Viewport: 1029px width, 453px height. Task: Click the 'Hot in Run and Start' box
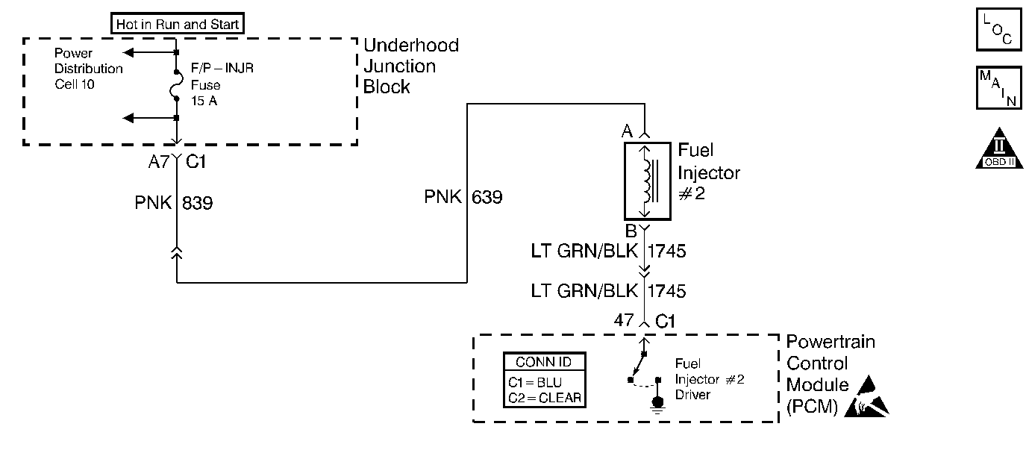coord(178,23)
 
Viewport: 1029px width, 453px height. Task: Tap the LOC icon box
coord(998,29)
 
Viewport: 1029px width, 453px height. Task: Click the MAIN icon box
coord(998,88)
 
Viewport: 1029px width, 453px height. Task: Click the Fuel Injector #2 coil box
coord(647,181)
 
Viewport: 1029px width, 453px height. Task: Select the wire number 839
coord(198,203)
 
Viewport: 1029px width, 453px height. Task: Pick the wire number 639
coord(487,197)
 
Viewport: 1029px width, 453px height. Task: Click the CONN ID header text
coord(543,362)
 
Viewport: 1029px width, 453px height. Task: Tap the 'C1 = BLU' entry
coord(535,382)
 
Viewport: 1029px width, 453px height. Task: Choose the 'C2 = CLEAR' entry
coord(545,398)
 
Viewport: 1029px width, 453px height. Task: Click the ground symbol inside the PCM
coord(658,404)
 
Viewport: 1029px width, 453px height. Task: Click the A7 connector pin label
coord(159,162)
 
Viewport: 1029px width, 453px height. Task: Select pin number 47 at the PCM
coord(624,320)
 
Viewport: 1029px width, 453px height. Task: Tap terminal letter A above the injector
coord(627,131)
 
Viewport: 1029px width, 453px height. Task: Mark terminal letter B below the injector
coord(631,231)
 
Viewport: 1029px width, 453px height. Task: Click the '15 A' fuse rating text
coord(204,101)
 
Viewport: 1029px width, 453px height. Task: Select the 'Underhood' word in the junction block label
coord(411,46)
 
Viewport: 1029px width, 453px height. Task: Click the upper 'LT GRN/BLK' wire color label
coord(584,251)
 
